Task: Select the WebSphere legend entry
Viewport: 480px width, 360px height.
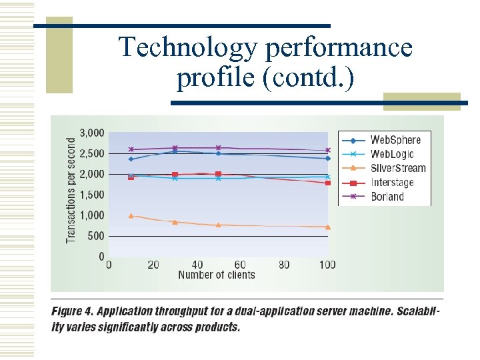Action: coord(395,140)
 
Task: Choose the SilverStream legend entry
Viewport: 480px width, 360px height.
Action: coord(397,168)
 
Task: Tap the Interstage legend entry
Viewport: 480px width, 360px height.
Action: coord(392,182)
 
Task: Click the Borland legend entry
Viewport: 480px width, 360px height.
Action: coord(387,196)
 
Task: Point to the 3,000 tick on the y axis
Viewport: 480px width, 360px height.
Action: coord(92,133)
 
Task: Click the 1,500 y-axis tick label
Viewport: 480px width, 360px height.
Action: coord(92,195)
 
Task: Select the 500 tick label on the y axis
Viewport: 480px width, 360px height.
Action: coord(96,236)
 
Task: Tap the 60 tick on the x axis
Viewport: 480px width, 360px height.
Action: coord(240,265)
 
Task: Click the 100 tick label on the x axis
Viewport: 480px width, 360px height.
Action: coord(327,265)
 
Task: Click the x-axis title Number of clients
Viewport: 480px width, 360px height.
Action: coord(217,275)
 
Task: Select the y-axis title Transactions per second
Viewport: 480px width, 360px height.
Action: coord(71,190)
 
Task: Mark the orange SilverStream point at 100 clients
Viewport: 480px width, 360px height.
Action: coord(327,227)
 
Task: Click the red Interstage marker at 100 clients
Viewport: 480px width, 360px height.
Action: coord(327,183)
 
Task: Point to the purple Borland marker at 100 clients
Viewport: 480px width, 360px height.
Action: coord(327,150)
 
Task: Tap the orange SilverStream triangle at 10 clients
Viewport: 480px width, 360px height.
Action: coord(131,215)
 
